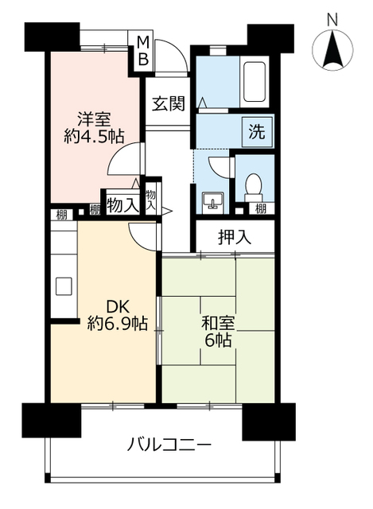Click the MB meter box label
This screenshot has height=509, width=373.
(x=143, y=51)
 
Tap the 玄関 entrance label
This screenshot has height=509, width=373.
(x=169, y=104)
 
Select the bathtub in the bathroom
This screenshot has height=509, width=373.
(x=254, y=82)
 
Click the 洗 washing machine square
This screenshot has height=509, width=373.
(x=257, y=132)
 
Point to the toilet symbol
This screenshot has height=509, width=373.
(x=253, y=188)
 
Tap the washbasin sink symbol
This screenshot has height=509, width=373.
(x=212, y=202)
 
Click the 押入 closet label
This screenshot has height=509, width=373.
(x=235, y=237)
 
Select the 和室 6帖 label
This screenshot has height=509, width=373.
(x=218, y=332)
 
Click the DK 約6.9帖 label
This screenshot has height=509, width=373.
(x=117, y=315)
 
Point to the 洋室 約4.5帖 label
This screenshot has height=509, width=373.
(x=94, y=128)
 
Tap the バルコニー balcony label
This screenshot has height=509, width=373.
(x=169, y=445)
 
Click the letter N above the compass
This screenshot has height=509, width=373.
(x=332, y=20)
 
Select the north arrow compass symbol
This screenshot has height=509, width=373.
(x=332, y=49)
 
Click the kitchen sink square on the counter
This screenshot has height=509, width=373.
(x=64, y=286)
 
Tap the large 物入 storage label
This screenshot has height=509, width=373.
(x=122, y=205)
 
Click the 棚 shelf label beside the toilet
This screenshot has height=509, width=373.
(x=261, y=208)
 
